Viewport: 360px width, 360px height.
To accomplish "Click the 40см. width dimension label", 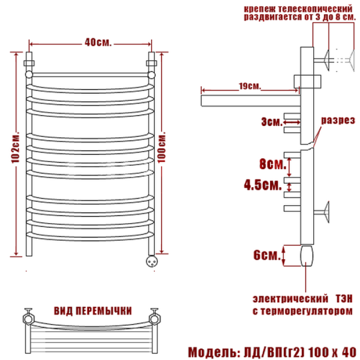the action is click(x=98, y=42).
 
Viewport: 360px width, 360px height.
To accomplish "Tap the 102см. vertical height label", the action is click(x=16, y=148).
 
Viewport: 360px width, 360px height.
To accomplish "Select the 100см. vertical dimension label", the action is click(x=161, y=148).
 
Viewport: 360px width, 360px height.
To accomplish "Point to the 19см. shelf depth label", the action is click(x=250, y=86).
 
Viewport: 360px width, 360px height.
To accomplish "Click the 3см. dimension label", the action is click(x=272, y=122).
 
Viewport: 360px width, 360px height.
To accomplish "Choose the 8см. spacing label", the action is click(x=273, y=164).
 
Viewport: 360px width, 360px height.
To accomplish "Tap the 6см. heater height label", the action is click(x=267, y=255).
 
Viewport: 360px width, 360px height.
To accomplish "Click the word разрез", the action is click(x=338, y=121).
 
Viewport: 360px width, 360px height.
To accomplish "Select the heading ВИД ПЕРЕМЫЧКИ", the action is click(x=93, y=311).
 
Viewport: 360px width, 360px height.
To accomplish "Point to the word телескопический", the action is click(x=315, y=9).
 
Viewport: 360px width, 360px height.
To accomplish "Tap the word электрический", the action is click(x=290, y=299).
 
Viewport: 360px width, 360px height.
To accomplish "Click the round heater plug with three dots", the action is click(x=152, y=261).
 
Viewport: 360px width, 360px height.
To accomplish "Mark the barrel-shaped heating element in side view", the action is click(x=307, y=256).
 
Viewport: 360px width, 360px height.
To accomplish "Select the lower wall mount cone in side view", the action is click(x=326, y=212).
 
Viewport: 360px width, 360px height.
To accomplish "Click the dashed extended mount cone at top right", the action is click(x=352, y=60).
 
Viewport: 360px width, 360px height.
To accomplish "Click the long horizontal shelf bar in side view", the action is click(x=251, y=101).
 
